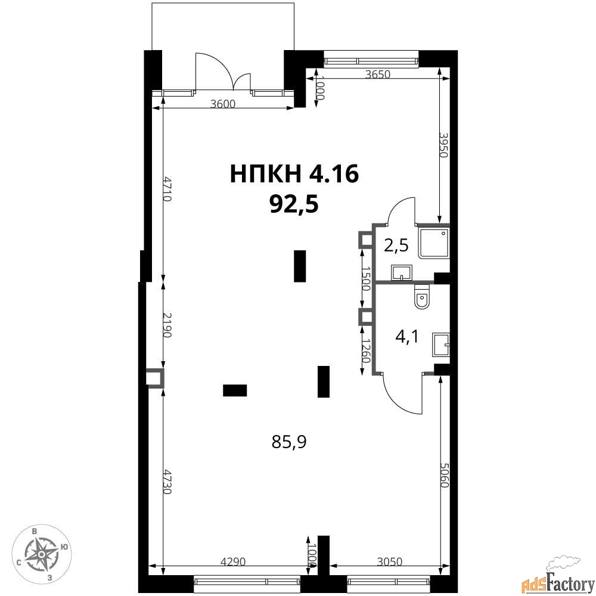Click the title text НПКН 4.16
pyautogui.click(x=294, y=175)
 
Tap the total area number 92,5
pyautogui.click(x=294, y=205)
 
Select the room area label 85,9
pyautogui.click(x=289, y=442)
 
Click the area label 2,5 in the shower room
pyautogui.click(x=396, y=246)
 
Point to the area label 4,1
pyautogui.click(x=406, y=337)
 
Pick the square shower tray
pyautogui.click(x=434, y=243)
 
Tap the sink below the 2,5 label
pyautogui.click(x=401, y=273)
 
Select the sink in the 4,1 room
pyautogui.click(x=441, y=344)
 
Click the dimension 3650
pyautogui.click(x=377, y=74)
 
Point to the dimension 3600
pyautogui.click(x=223, y=104)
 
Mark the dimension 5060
pyautogui.click(x=445, y=475)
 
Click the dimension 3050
pyautogui.click(x=389, y=561)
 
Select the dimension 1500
pyautogui.click(x=365, y=278)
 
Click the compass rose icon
pyautogui.click(x=42, y=554)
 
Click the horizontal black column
pyautogui.click(x=235, y=390)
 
